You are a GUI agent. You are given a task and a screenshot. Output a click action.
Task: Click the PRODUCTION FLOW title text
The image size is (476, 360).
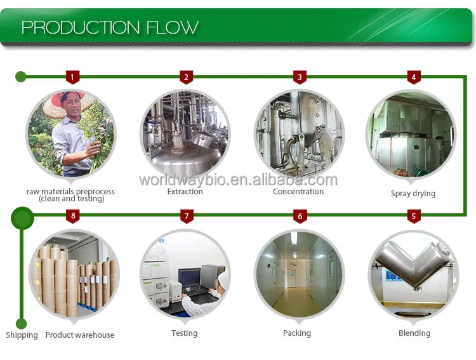click(110, 27)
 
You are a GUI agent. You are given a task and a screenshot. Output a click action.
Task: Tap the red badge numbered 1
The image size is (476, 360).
click(73, 77)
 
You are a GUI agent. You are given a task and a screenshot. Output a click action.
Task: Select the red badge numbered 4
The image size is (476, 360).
click(414, 77)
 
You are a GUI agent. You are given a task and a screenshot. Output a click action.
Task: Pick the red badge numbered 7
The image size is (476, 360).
click(187, 217)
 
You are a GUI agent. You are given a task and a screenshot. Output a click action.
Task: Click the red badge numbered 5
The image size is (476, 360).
click(414, 217)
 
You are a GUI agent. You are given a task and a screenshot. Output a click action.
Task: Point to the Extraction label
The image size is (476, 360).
click(185, 192)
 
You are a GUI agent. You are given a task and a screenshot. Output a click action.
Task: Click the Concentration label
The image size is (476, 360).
click(298, 192)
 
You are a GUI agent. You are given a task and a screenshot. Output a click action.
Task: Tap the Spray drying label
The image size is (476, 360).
click(413, 194)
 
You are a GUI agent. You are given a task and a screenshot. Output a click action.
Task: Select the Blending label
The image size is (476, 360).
click(414, 333)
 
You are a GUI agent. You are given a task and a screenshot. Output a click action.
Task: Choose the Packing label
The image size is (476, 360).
click(297, 333)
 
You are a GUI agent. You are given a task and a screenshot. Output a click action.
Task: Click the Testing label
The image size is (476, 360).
click(184, 333)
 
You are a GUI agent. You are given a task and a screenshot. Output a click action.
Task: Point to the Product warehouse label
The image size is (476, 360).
click(80, 335)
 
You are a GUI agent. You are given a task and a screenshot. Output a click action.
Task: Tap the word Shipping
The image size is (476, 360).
click(22, 335)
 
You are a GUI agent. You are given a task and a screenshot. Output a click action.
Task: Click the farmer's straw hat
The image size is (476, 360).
click(67, 99)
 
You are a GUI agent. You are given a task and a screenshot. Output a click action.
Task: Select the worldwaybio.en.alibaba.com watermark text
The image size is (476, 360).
click(238, 180)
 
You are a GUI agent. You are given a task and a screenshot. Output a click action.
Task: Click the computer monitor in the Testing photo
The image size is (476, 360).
click(188, 277)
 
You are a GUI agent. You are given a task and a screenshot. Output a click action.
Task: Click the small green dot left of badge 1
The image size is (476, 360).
click(21, 77)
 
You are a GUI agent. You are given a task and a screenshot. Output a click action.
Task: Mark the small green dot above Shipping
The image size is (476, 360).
click(22, 323)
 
